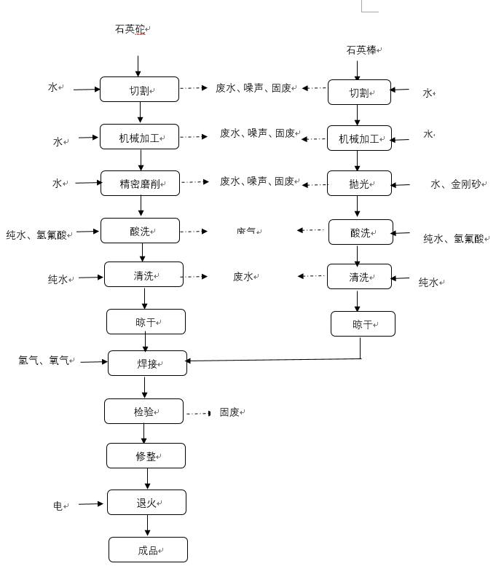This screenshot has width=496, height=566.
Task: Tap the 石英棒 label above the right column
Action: (362, 50)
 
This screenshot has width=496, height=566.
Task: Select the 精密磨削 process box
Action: (139, 184)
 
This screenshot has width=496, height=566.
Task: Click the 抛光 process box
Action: (359, 184)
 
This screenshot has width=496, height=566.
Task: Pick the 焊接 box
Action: (147, 363)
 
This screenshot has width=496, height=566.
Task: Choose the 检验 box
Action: (143, 412)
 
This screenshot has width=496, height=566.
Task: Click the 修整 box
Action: (146, 456)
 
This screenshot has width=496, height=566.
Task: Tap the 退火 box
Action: (146, 503)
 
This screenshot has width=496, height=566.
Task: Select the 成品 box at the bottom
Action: (148, 550)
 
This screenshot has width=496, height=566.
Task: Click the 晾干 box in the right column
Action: (363, 324)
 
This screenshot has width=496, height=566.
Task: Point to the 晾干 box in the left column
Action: (146, 321)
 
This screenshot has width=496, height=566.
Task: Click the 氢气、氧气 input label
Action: (44, 360)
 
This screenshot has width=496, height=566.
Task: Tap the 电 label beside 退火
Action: (58, 505)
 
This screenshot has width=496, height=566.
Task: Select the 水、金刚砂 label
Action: (456, 185)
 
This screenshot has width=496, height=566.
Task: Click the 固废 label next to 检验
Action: (229, 412)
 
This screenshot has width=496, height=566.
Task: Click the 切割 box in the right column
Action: (359, 93)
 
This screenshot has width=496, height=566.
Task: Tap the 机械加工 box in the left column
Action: (139, 137)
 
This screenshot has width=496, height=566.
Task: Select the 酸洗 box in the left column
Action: (140, 231)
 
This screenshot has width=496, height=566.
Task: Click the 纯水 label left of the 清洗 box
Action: (58, 279)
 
